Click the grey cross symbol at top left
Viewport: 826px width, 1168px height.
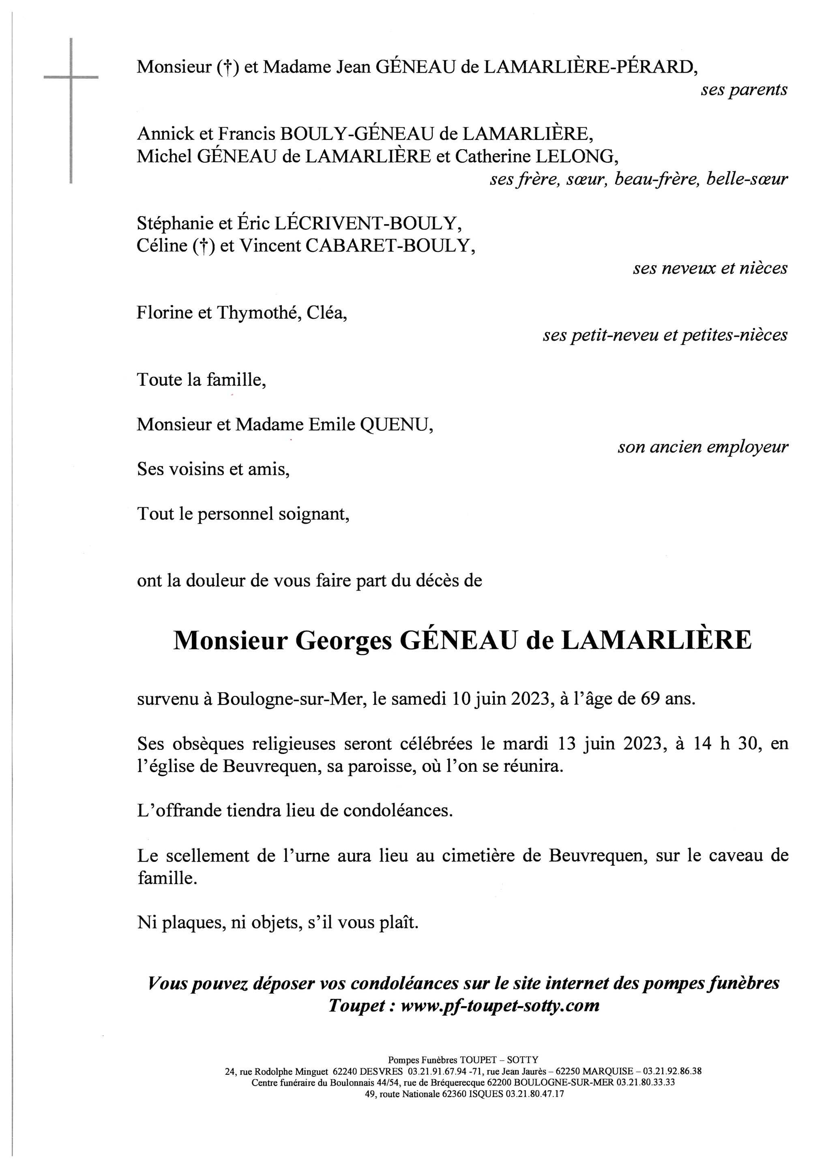pyautogui.click(x=71, y=78)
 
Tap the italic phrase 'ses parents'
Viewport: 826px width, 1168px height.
pyautogui.click(x=744, y=90)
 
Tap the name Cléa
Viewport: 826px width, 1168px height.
pyautogui.click(x=326, y=312)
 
